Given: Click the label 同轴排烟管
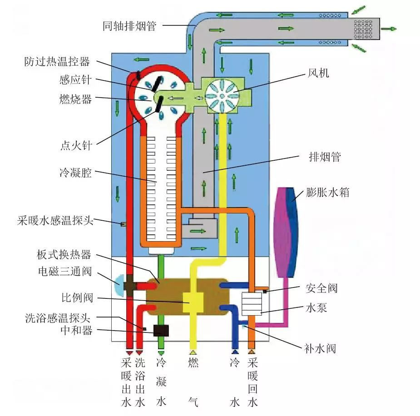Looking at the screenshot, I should point(129,26).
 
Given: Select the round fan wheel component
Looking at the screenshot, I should point(222,95).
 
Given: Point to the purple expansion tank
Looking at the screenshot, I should point(285,232).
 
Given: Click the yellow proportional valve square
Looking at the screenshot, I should point(193,302).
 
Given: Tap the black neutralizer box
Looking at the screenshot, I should point(161,331).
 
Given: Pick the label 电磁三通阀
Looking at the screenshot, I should point(65,272).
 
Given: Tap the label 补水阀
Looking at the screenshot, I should point(320,349).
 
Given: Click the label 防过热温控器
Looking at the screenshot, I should point(57,62).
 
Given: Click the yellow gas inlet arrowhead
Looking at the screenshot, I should point(193,352).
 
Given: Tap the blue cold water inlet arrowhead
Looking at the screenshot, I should point(235,352).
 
